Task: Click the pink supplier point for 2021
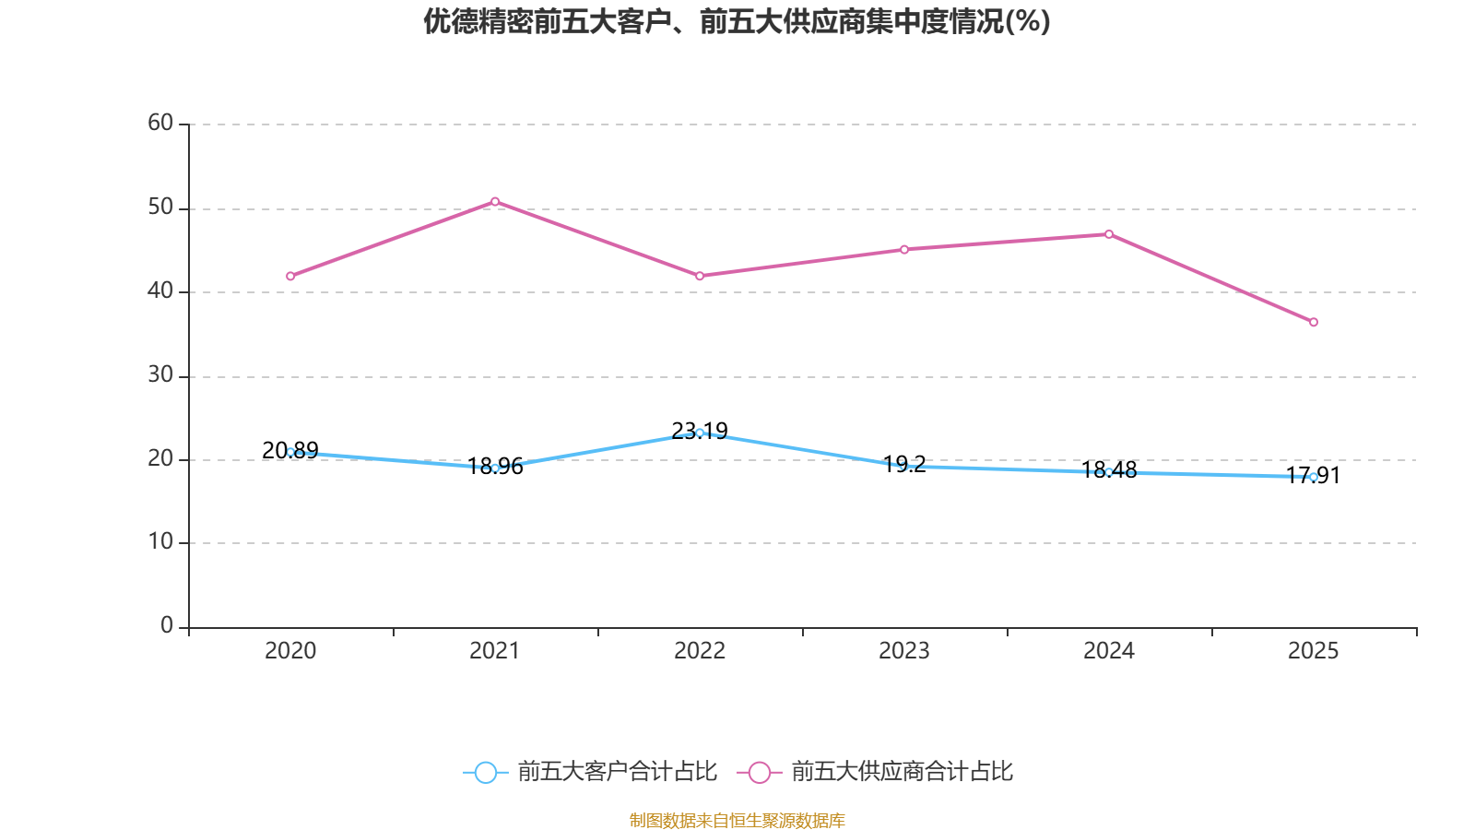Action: (x=495, y=201)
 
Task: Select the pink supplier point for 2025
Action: (x=1314, y=322)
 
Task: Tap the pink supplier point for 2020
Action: (x=290, y=276)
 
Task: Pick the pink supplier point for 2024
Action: (x=1109, y=234)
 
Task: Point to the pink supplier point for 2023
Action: (x=904, y=249)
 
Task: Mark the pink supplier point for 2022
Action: (x=700, y=276)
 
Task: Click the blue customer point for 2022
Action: (x=700, y=433)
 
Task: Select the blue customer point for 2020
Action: (x=290, y=452)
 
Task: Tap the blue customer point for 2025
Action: (x=1314, y=477)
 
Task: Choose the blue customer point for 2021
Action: (x=495, y=468)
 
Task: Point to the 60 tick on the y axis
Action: (x=160, y=123)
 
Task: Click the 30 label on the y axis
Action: (x=160, y=374)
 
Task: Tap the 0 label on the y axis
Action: (x=166, y=625)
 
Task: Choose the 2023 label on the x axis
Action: (x=904, y=651)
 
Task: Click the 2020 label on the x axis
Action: (x=290, y=651)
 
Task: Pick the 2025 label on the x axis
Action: (x=1314, y=651)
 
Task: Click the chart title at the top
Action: (x=737, y=21)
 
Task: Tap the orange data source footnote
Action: (x=737, y=820)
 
